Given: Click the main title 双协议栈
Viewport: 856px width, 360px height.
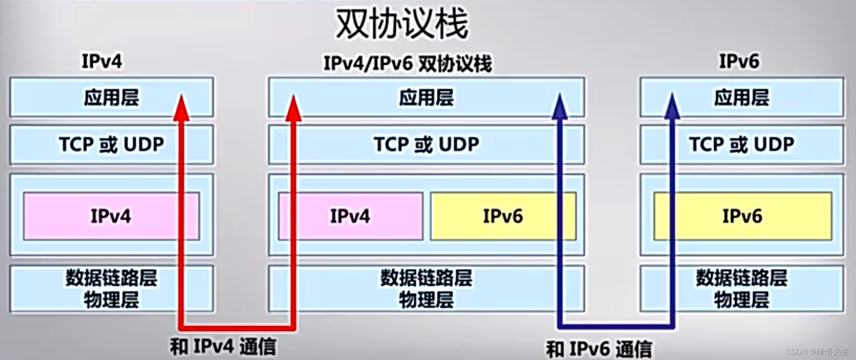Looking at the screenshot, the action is coord(402,24).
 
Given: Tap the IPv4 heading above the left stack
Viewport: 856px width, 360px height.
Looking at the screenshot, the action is coord(102,61).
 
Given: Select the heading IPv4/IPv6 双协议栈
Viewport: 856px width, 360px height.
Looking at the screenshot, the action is coord(407,63).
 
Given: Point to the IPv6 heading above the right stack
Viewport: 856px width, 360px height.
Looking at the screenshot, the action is coord(739,61).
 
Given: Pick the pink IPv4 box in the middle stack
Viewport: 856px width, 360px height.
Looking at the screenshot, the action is coord(350,216).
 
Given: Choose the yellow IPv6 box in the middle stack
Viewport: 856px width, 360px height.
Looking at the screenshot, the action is coord(503,216).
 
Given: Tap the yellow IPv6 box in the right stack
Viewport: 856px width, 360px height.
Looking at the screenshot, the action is coord(742,216).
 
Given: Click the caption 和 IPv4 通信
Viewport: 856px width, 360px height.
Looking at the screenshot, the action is coord(223,347).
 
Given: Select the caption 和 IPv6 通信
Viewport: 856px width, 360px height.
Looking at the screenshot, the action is coord(599,349).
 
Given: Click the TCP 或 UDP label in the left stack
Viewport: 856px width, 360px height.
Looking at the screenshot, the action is coord(111,144).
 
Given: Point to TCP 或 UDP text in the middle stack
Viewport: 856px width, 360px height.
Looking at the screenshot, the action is coord(426,144).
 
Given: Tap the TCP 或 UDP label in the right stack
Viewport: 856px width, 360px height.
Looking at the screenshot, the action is coord(741,144).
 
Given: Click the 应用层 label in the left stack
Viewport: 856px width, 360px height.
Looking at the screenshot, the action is coord(111,98).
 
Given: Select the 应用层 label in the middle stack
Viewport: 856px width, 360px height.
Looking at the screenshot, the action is coord(426,98).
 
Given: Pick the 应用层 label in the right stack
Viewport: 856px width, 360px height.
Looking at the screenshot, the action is coord(741,98).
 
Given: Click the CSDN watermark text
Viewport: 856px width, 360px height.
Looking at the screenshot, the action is coord(817,351).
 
